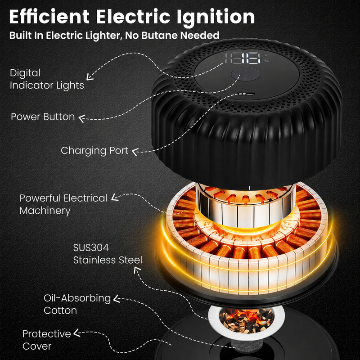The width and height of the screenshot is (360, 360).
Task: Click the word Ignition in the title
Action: pos(216,17)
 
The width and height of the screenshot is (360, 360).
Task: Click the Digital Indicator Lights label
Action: pos(47,79)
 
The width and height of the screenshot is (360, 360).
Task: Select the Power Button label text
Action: pos(43,117)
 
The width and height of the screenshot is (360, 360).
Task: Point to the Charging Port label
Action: pos(94,151)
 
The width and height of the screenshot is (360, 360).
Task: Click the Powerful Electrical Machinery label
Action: pos(63,204)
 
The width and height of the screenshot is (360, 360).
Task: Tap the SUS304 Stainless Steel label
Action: pos(108,254)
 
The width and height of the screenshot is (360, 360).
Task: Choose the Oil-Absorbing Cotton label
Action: pos(77,304)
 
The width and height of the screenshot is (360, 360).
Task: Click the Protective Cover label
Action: pos(47,340)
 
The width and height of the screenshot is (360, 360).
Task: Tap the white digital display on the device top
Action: pos(243,58)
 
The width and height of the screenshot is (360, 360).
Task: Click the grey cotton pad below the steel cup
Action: pos(243,346)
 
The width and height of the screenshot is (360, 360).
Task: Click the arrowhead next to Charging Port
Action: pos(135,152)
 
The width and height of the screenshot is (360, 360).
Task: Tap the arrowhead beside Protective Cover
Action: pos(77,333)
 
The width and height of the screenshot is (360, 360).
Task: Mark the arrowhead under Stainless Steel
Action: pos(137,270)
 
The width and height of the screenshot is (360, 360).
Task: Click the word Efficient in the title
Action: pos(49,17)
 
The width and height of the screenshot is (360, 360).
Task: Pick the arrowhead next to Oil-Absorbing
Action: pos(117,299)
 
